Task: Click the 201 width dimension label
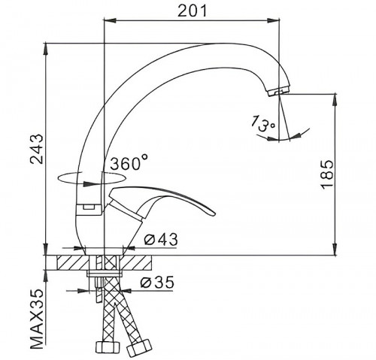coord(193,11)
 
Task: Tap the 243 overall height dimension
coord(37,149)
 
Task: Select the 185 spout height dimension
coord(327,174)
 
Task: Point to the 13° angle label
coord(263,123)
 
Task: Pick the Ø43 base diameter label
coord(161,240)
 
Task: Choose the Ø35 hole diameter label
coord(157,283)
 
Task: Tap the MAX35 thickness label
coord(37,319)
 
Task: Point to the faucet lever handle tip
coord(212,213)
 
